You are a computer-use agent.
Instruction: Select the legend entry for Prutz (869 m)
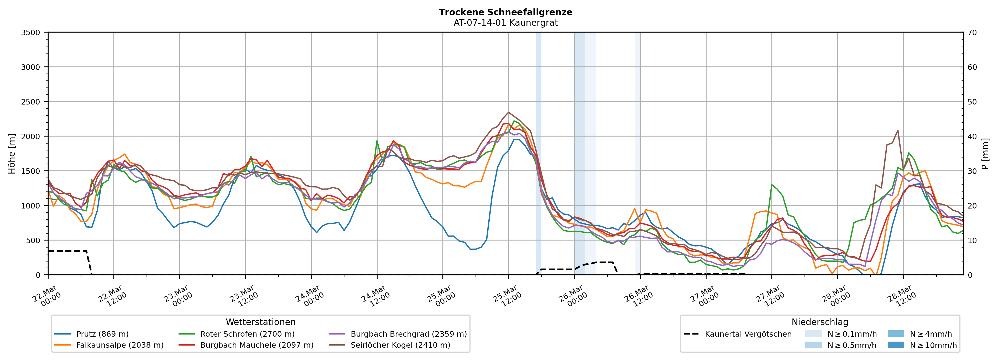(x=102, y=334)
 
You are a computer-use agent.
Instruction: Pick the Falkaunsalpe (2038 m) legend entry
(x=120, y=345)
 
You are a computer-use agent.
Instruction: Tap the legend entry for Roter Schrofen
(x=247, y=334)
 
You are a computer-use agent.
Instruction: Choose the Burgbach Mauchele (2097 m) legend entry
(x=257, y=345)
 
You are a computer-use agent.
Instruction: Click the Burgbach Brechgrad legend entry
(x=408, y=334)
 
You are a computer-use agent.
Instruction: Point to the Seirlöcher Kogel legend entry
(x=400, y=345)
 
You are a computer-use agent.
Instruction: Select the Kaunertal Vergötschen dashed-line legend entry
(x=748, y=334)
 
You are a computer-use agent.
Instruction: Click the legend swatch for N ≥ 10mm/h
(x=896, y=345)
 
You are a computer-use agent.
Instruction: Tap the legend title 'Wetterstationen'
(x=260, y=322)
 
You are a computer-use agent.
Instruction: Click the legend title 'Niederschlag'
(x=820, y=322)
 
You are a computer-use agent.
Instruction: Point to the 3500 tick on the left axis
(x=31, y=33)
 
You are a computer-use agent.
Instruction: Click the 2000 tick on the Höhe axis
(x=31, y=136)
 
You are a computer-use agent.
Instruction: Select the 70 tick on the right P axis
(x=972, y=33)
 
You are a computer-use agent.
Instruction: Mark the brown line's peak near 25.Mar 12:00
(x=509, y=112)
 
